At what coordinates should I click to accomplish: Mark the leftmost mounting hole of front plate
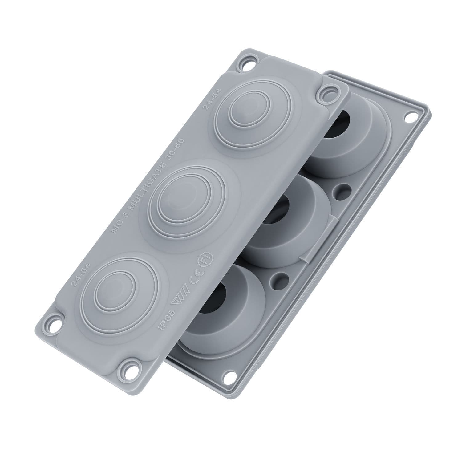56,325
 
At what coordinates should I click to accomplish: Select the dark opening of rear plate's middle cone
275,211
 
